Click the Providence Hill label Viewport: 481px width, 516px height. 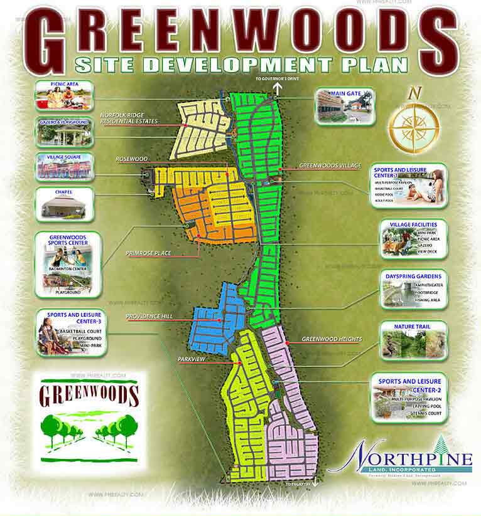coord(148,317)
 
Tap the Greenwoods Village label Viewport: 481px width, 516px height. coord(330,166)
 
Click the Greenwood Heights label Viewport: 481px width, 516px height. coord(332,339)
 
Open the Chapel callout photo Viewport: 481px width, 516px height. coord(65,204)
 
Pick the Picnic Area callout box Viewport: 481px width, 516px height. coord(65,96)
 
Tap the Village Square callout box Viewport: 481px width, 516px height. coord(65,167)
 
